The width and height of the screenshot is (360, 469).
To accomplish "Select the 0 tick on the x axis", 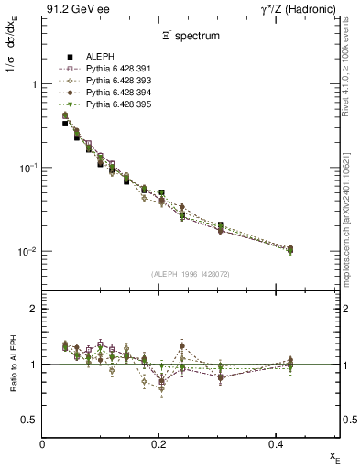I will (x=43, y=443).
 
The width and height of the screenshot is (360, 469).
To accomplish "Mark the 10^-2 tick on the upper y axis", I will (x=26, y=252).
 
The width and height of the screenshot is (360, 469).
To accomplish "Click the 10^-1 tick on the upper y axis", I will (x=26, y=168).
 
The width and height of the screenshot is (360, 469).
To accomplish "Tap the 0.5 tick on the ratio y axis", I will (x=30, y=420).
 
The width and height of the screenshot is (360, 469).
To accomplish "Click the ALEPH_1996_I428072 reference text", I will (x=190, y=274).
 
